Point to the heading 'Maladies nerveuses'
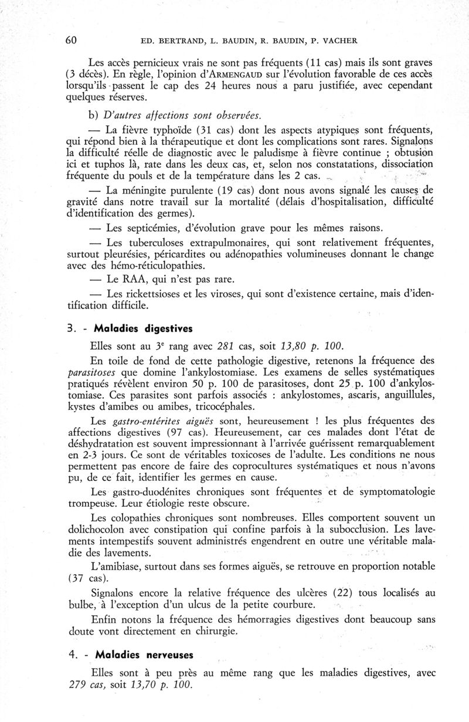144,653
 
